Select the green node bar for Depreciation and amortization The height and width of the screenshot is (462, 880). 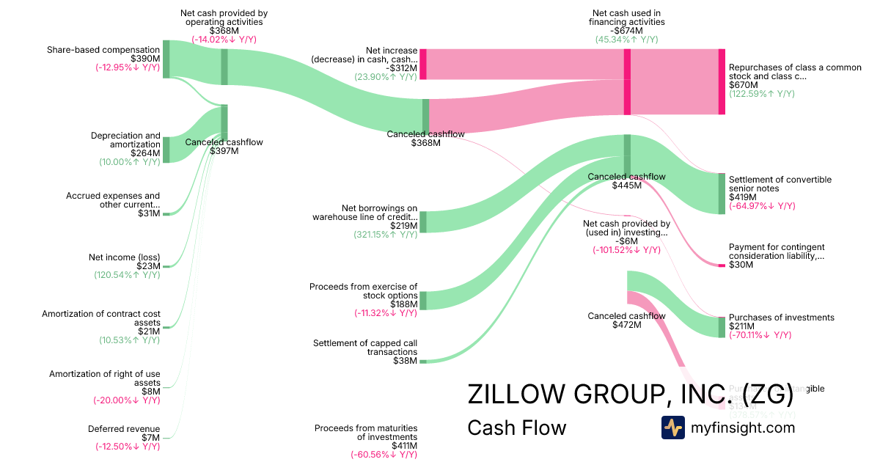point(166,150)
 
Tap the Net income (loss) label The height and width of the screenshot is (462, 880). point(124,257)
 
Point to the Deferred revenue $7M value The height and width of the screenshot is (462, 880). point(150,437)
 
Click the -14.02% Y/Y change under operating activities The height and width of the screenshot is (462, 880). point(224,40)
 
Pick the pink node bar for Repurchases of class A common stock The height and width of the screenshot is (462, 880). point(722,81)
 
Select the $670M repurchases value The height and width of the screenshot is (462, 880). point(743,85)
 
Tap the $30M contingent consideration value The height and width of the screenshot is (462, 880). point(741,265)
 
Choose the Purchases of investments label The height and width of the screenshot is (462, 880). point(781,318)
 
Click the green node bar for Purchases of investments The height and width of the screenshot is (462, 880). point(722,327)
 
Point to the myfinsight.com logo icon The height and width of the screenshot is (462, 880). point(672,428)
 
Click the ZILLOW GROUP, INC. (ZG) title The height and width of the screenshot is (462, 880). point(630,395)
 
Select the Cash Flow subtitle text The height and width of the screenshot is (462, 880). point(516,428)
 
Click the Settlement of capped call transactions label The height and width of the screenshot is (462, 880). point(365,348)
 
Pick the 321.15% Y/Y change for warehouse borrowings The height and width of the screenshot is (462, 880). point(385,235)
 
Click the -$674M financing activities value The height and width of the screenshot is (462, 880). point(626,31)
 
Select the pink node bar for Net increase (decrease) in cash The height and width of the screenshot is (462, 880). point(423,64)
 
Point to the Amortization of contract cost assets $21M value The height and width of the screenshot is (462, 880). point(150,331)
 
